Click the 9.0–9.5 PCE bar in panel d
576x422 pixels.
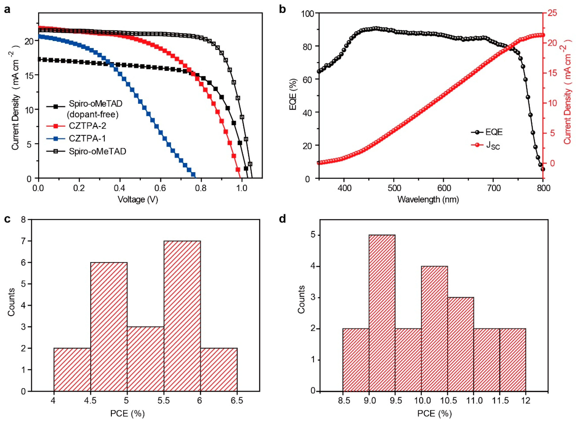click(x=382, y=313)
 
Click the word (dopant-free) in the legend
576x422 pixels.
click(x=93, y=114)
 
